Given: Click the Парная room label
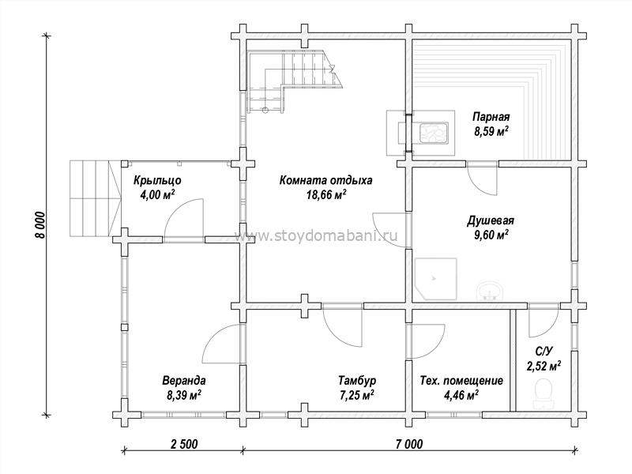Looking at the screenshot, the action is (491, 117).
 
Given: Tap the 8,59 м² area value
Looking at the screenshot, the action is (491, 131).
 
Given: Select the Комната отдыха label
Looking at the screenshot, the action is (325, 180).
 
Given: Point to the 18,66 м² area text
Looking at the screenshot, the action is (325, 195).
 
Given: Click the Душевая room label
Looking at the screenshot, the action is (491, 221).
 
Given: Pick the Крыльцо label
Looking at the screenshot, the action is (157, 181).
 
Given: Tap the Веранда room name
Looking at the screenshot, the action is (184, 381).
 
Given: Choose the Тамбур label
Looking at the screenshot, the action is (357, 381).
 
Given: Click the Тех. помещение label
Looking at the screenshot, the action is (461, 381).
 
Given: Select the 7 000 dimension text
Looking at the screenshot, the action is (409, 445).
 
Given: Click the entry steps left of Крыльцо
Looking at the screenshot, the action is (95, 198).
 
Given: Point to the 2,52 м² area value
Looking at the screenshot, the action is (544, 367).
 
